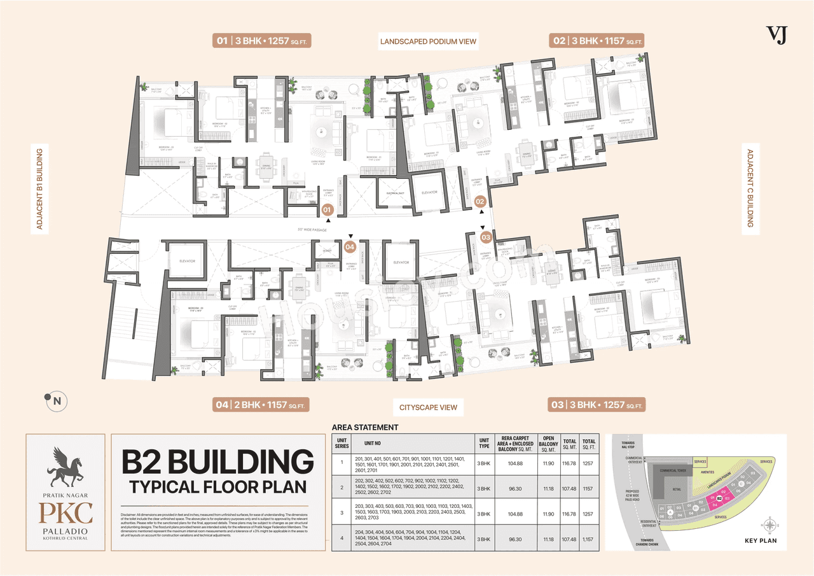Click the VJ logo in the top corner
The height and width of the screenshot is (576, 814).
coord(777,34)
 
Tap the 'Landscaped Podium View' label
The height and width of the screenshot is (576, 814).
coord(428,42)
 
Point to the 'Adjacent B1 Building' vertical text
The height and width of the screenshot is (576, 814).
coord(39,189)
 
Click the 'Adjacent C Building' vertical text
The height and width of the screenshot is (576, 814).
coord(750,188)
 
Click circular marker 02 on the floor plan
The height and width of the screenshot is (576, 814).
coord(479,202)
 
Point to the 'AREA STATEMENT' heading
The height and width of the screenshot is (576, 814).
coord(365,428)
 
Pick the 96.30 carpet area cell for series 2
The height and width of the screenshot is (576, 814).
coord(514,489)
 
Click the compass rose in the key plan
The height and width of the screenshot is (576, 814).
coord(770,525)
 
